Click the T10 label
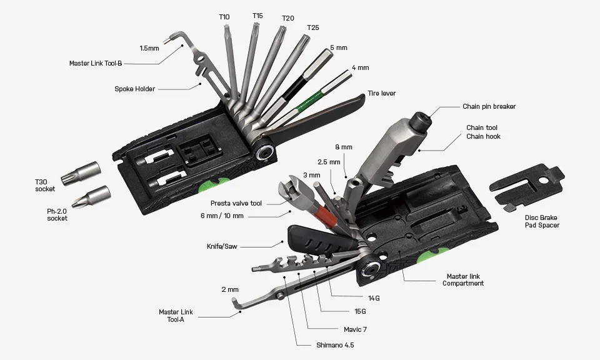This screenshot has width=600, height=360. click(x=224, y=17)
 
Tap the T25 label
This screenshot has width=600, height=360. click(x=312, y=28)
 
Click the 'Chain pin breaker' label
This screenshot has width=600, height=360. click(x=489, y=106)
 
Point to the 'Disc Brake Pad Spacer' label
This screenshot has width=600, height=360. click(x=542, y=221)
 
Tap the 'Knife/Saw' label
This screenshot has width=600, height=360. click(x=222, y=245)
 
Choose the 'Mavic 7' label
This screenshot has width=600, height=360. click(x=356, y=329)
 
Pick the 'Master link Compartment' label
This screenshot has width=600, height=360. click(x=462, y=279)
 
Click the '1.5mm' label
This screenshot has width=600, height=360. click(x=149, y=48)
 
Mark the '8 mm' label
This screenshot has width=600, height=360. click(x=343, y=147)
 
